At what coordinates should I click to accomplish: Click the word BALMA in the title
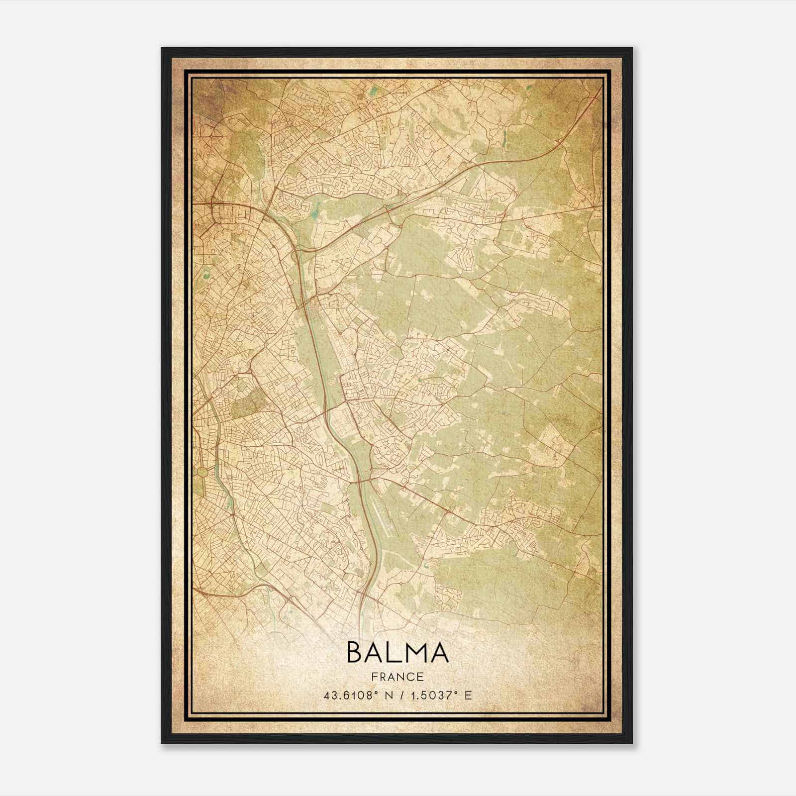pyautogui.click(x=398, y=653)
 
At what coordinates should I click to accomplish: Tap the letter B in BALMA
pyautogui.click(x=356, y=653)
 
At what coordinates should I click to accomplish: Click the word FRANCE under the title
pyautogui.click(x=398, y=677)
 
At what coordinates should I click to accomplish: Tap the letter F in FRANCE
pyautogui.click(x=374, y=677)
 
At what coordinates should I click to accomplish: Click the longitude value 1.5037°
pyautogui.click(x=431, y=695)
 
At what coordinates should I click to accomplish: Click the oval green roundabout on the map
pyautogui.click(x=202, y=471)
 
